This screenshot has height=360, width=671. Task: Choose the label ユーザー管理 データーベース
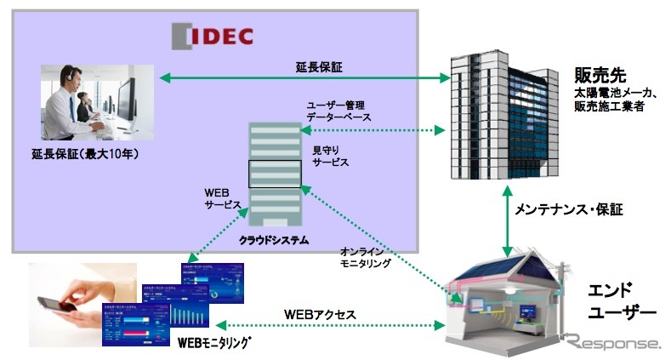(x=338, y=111)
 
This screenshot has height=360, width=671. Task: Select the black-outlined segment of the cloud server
(x=275, y=174)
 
